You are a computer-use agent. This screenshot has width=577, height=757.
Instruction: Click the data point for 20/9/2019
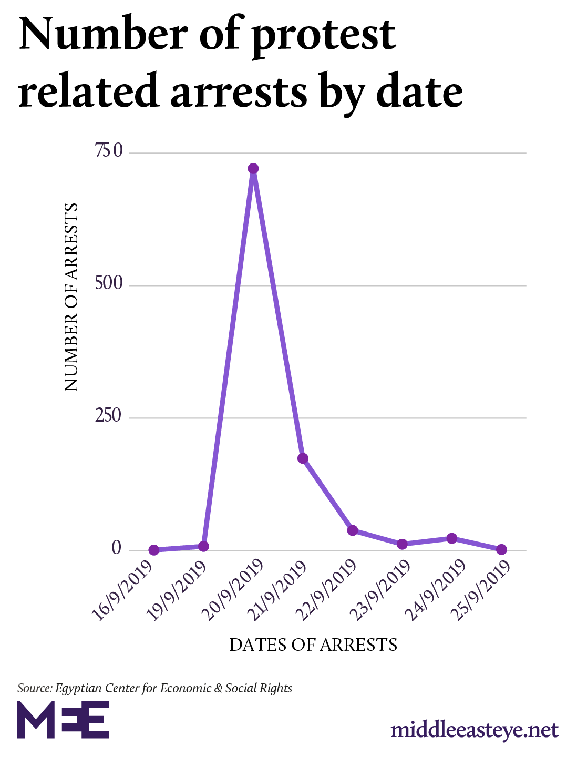[x=253, y=169]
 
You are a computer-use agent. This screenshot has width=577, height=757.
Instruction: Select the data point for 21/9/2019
[x=303, y=458]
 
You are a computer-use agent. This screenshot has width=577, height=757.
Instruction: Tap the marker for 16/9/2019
[x=154, y=550]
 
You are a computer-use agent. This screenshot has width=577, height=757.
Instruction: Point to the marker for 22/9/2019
[x=353, y=530]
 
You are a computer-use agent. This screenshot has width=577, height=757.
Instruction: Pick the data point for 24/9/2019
[x=452, y=538]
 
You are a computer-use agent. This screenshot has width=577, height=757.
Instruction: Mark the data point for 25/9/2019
[x=501, y=549]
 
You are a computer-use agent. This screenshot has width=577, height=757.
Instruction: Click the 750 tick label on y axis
[x=109, y=152]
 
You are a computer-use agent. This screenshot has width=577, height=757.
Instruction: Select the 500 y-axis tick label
[x=109, y=284]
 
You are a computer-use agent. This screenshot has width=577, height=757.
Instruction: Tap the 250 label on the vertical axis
[x=109, y=417]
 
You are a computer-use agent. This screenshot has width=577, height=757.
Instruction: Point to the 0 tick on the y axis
[x=117, y=548]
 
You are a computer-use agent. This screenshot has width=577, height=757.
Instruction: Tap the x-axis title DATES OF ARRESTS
[x=313, y=645]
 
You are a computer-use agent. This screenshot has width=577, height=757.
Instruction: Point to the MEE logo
[x=63, y=720]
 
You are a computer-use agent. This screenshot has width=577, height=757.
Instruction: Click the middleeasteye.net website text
[x=475, y=730]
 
